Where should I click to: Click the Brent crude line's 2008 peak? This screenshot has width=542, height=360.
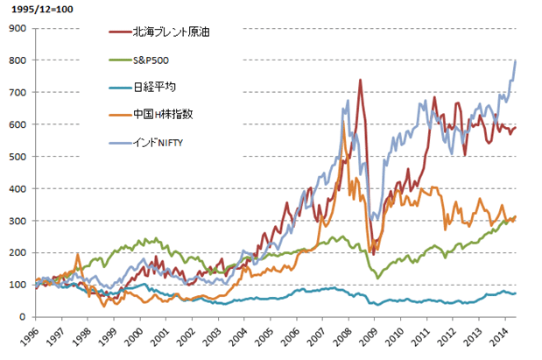coord(360,80)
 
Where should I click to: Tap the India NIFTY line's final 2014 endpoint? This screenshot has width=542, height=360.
coord(515,60)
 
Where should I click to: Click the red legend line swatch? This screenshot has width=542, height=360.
coord(116,32)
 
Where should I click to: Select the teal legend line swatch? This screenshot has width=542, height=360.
coord(116,88)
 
